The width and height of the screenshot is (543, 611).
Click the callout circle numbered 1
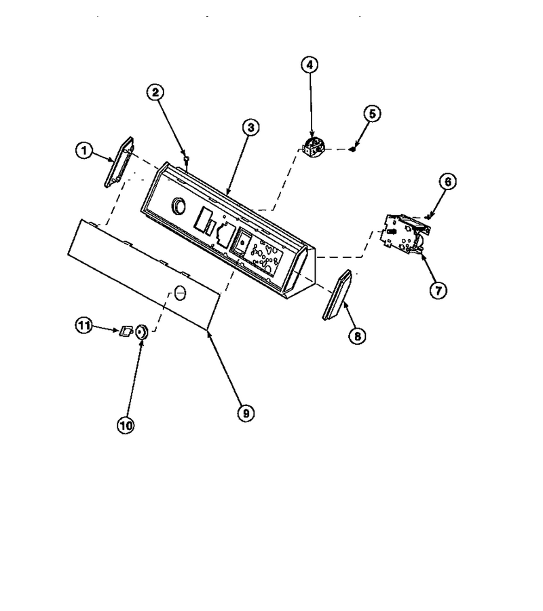pyautogui.click(x=84, y=151)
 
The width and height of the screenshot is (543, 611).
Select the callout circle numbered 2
pyautogui.click(x=155, y=92)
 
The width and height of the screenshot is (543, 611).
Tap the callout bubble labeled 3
pyautogui.click(x=250, y=127)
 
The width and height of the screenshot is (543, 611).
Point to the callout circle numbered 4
pyautogui.click(x=310, y=64)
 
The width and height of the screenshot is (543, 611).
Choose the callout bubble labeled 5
pyautogui.click(x=373, y=114)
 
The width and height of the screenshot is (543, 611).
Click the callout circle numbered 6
pyautogui.click(x=448, y=181)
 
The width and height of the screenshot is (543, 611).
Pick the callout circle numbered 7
pyautogui.click(x=438, y=291)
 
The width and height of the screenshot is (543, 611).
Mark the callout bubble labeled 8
pyautogui.click(x=357, y=335)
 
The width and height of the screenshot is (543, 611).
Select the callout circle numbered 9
pyautogui.click(x=246, y=413)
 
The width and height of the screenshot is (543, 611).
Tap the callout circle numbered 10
pyautogui.click(x=126, y=425)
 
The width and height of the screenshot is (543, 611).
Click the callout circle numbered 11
pyautogui.click(x=83, y=325)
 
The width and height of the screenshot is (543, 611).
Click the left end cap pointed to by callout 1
pyautogui.click(x=119, y=162)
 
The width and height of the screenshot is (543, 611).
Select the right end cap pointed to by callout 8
pyautogui.click(x=337, y=295)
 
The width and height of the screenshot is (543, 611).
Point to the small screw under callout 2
pyautogui.click(x=187, y=159)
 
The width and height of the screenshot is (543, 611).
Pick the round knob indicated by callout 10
pyautogui.click(x=141, y=332)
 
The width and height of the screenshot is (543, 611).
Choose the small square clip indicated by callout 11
pyautogui.click(x=126, y=331)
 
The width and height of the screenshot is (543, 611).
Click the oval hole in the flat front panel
pyautogui.click(x=180, y=292)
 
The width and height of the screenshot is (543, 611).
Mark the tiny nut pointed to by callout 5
pyautogui.click(x=352, y=149)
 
